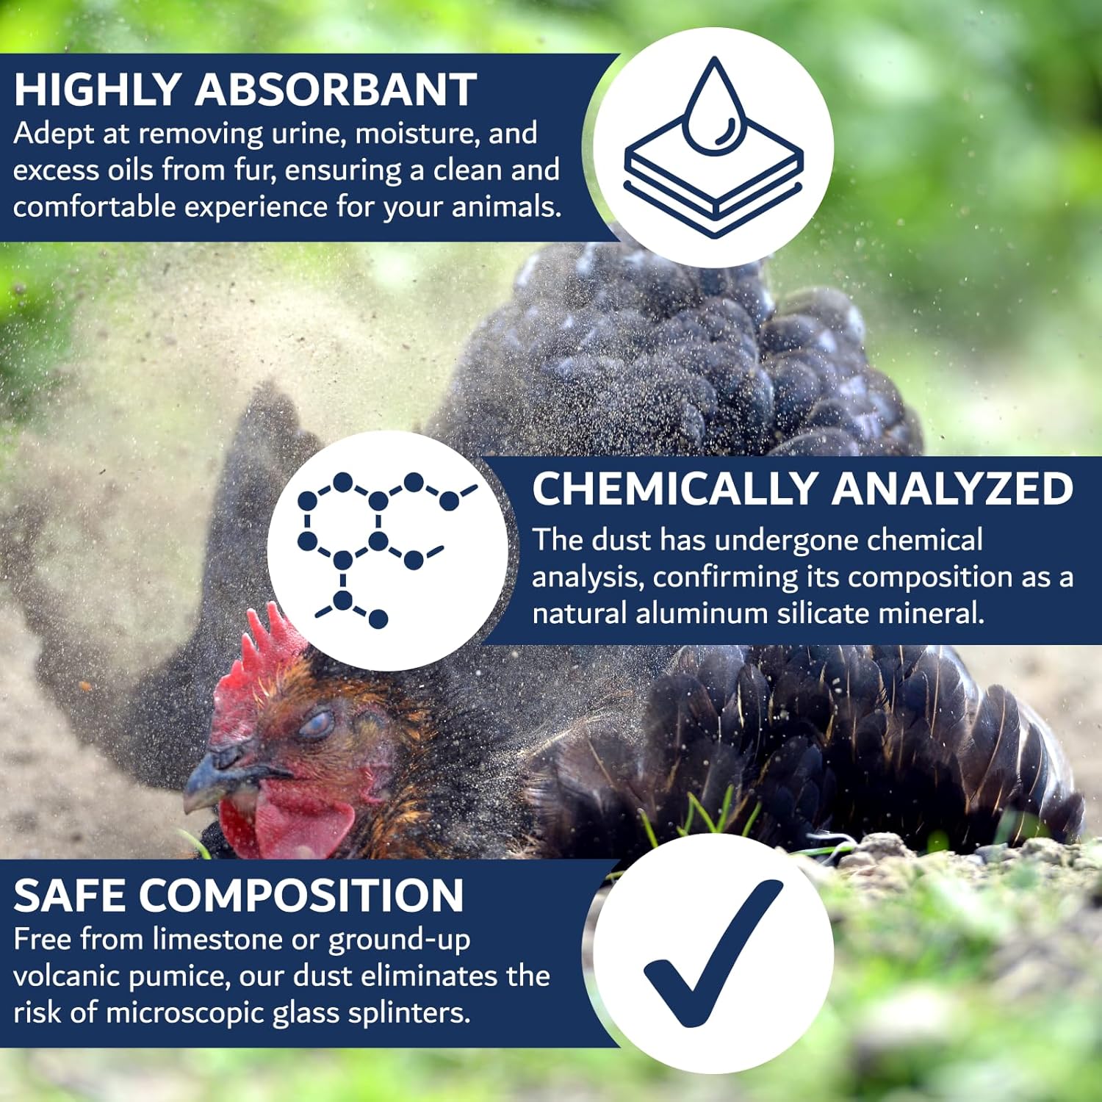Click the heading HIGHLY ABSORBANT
pyautogui.click(x=245, y=90)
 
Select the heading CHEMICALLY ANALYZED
pyautogui.click(x=802, y=489)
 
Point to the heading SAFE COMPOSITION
pyautogui.click(x=239, y=895)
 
